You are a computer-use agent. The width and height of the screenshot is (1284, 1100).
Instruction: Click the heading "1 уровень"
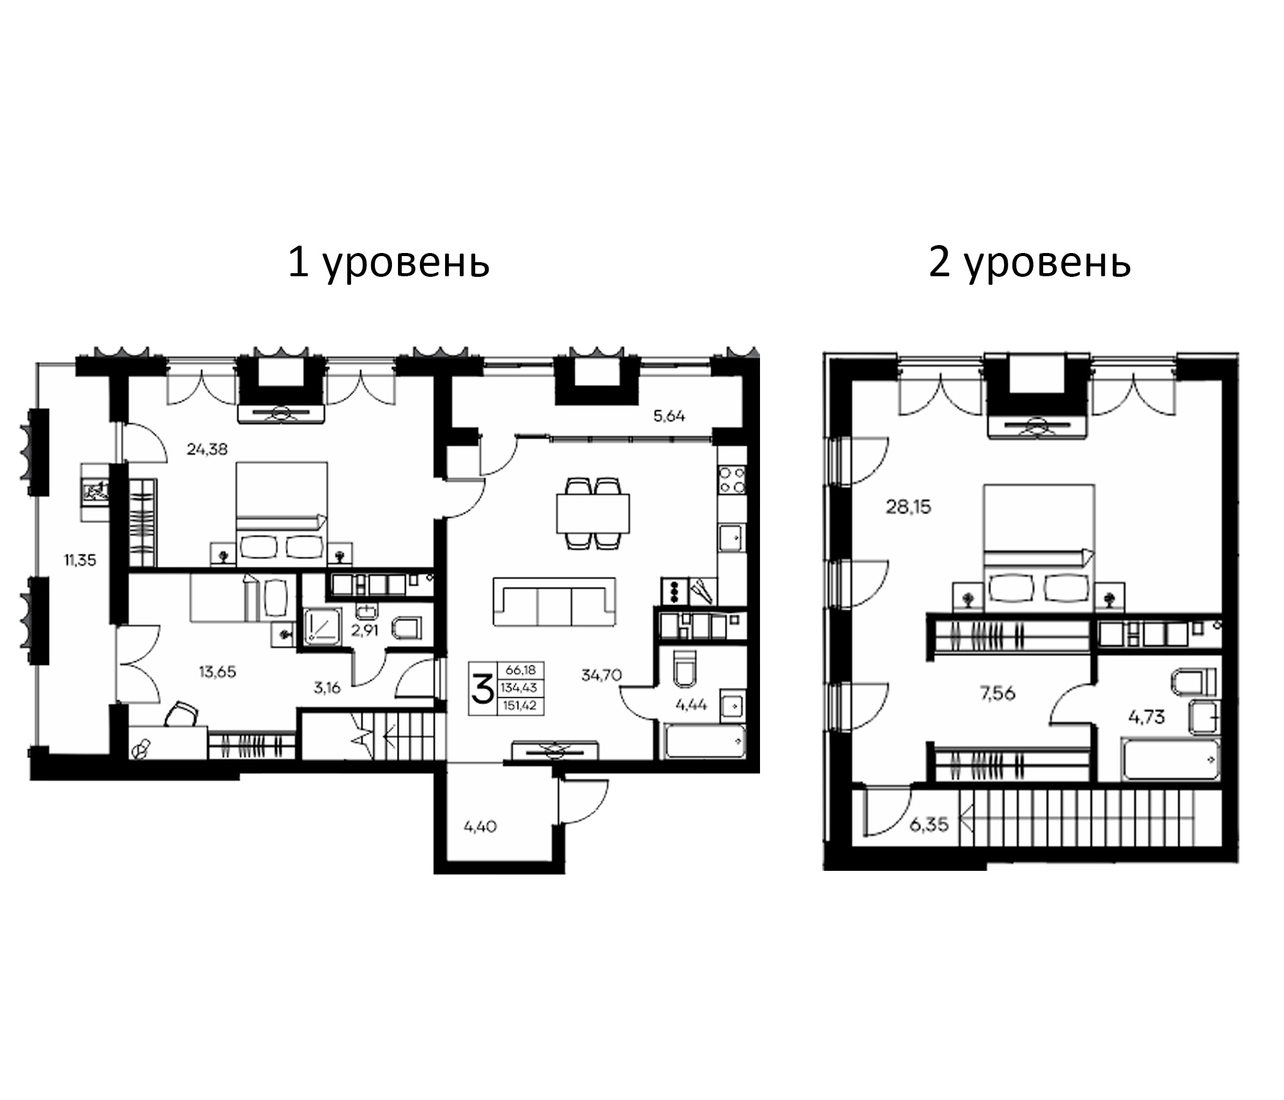pyautogui.click(x=388, y=263)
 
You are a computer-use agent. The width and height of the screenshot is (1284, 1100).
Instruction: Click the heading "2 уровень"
pyautogui.click(x=1029, y=263)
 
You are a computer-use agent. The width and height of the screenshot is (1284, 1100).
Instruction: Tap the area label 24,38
pyautogui.click(x=207, y=449)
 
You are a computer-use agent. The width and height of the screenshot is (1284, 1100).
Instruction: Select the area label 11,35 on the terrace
pyautogui.click(x=80, y=560)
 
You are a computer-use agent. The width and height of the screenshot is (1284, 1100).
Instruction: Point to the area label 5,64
pyautogui.click(x=670, y=416)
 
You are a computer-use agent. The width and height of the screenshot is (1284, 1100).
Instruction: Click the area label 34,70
pyautogui.click(x=601, y=675)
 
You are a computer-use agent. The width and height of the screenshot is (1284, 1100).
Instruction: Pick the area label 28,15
pyautogui.click(x=908, y=507)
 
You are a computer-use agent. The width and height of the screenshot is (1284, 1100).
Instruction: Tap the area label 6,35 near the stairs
pyautogui.click(x=929, y=824)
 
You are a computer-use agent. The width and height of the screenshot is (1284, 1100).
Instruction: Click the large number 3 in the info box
pyautogui.click(x=483, y=689)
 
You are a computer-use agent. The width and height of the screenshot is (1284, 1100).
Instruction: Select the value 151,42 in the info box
pyautogui.click(x=520, y=706)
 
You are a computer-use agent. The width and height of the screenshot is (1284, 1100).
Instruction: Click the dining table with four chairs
pyautogui.click(x=592, y=513)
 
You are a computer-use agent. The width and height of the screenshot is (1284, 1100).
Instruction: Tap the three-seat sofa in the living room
pyautogui.click(x=554, y=602)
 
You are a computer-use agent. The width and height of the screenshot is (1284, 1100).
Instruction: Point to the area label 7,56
pyautogui.click(x=998, y=693)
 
